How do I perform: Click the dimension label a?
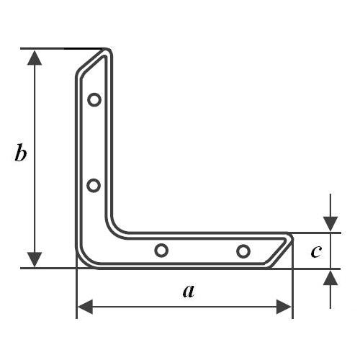(188, 292)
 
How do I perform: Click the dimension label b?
(22, 153)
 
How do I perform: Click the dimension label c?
(315, 251)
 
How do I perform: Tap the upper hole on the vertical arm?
(94, 99)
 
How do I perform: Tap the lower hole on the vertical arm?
(94, 186)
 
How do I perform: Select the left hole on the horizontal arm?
(161, 250)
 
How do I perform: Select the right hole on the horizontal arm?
(243, 251)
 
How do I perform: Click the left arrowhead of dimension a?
(85, 307)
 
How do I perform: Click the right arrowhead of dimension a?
(284, 307)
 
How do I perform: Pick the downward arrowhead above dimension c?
(330, 224)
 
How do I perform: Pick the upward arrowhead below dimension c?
(330, 277)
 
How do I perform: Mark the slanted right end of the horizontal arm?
(281, 249)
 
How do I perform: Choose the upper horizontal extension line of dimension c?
(317, 233)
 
